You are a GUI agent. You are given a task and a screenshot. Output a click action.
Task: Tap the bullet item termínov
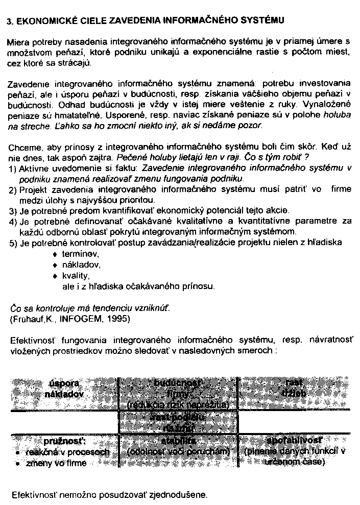[x=80, y=254]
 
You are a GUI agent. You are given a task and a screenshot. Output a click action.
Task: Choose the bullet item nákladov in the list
[x=81, y=265]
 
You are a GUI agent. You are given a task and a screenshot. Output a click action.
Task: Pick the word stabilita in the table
[x=178, y=441]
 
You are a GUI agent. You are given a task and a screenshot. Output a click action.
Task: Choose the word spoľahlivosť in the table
[x=294, y=441]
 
